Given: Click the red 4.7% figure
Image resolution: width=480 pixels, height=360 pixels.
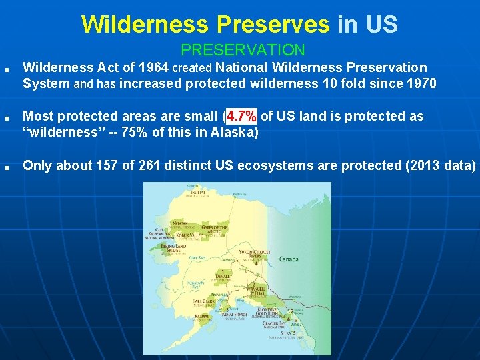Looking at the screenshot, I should tap(241, 117).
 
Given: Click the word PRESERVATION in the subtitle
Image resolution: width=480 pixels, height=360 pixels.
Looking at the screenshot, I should tap(243, 50).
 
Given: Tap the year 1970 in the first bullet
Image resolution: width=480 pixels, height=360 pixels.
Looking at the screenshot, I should tap(421, 83).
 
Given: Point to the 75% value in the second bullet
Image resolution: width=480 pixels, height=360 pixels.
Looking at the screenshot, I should tap(133, 131).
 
